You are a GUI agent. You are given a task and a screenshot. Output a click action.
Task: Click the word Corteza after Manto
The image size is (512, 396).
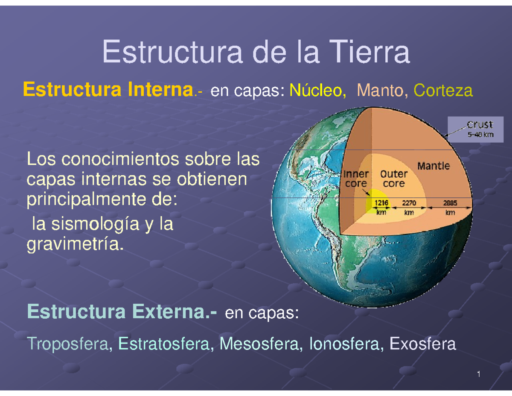(443, 91)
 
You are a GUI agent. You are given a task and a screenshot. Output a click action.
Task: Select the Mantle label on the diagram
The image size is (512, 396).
(433, 165)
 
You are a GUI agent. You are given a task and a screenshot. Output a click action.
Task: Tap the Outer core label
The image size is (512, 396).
(393, 179)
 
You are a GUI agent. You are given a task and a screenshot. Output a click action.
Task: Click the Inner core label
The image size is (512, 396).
(356, 179)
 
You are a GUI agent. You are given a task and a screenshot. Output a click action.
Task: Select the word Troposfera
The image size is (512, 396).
(68, 343)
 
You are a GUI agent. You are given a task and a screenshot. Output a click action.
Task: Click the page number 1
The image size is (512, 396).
(479, 375)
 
